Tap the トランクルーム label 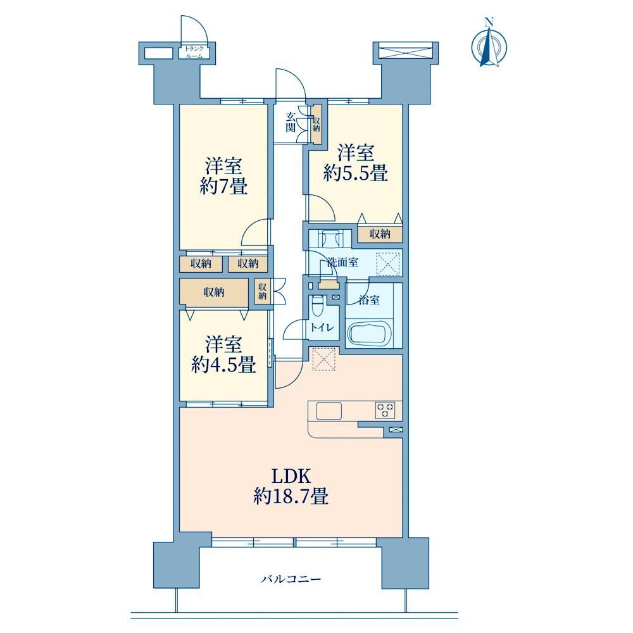tap(194, 53)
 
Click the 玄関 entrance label tap(291, 123)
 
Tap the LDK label tap(291, 477)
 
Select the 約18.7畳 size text tap(291, 496)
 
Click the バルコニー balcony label tap(291, 580)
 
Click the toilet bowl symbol tap(317, 306)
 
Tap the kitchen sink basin tap(329, 411)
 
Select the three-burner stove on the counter tap(385, 410)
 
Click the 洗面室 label tap(342, 263)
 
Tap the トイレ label tap(322, 327)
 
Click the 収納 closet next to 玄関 tap(316, 123)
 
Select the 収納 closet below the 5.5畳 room tap(380, 234)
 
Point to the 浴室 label tap(369, 300)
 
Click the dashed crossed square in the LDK tap(323, 359)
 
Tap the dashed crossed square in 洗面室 tap(388, 264)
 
